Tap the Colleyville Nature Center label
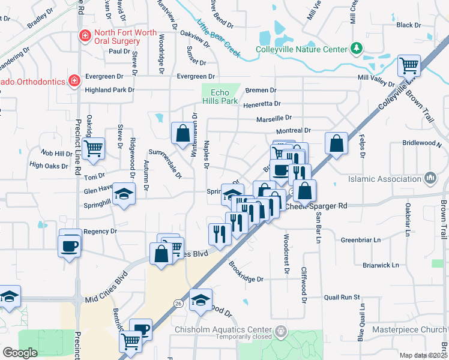pos(301,49)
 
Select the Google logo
pos(20,353)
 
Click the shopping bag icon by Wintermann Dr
pos(182,133)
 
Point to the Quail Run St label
pos(341,297)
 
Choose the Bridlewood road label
pos(421,145)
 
